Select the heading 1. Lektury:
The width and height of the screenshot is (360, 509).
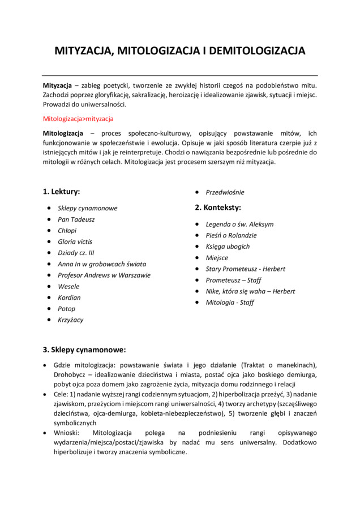point(62,191)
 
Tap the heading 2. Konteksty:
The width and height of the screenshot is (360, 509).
point(218,208)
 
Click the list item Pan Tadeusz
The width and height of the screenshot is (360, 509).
point(76,219)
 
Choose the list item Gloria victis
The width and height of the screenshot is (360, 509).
point(75,241)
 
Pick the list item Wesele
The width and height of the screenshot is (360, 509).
point(68,286)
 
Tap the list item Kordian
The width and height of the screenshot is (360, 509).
point(69,297)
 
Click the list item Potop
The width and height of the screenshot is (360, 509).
point(66,309)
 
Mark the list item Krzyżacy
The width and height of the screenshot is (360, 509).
point(70,320)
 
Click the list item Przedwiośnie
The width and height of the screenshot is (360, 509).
point(225,192)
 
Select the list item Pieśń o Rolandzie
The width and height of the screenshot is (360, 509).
point(231,235)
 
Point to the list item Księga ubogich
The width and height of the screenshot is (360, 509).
point(228,247)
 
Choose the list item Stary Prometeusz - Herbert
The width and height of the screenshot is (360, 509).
point(245,269)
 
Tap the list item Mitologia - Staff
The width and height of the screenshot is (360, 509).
point(230,303)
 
